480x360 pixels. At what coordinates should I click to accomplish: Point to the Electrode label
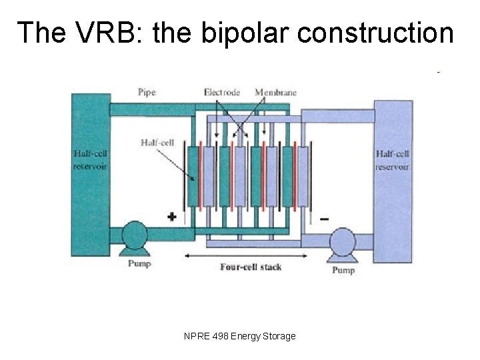pos(222,92)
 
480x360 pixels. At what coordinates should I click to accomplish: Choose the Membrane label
pos(275,92)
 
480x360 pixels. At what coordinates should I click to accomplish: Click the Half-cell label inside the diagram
pos(159,142)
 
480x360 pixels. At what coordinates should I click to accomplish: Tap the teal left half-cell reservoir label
pos(90,160)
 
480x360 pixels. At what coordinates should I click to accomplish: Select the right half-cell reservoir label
pos(392,160)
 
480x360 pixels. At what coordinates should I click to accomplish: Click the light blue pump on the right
pos(343,241)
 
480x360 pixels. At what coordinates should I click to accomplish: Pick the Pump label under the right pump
pos(343,269)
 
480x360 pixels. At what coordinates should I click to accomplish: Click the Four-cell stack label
pos(251,267)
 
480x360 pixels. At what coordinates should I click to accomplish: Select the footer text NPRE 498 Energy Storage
pos(239,337)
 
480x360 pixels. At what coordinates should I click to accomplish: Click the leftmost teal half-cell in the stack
pos(193,177)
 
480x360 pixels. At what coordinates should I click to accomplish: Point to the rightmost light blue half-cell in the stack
pos(302,177)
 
